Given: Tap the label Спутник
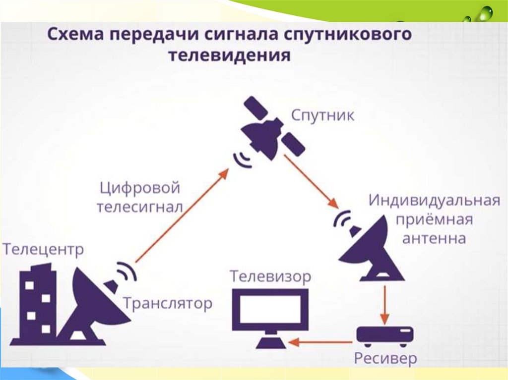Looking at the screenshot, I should pyautogui.click(x=322, y=116).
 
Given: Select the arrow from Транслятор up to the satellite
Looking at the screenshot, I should pyautogui.click(x=182, y=216).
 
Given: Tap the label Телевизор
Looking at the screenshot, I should pyautogui.click(x=270, y=276).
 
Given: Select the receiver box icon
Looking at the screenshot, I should pyautogui.click(x=384, y=335).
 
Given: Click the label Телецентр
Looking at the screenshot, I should pyautogui.click(x=43, y=249).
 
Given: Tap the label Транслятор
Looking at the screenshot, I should pyautogui.click(x=167, y=303).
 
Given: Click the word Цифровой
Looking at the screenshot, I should pyautogui.click(x=139, y=189).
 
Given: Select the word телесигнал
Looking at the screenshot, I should pyautogui.click(x=139, y=207).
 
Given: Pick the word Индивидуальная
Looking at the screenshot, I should pyautogui.click(x=433, y=202).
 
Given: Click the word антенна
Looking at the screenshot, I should pyautogui.click(x=434, y=238).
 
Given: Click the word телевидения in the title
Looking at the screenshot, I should pyautogui.click(x=229, y=54).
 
